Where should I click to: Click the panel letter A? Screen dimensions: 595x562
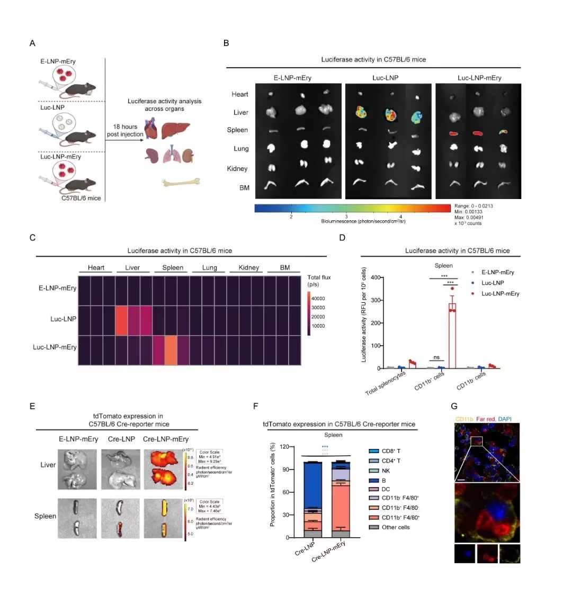click(33, 42)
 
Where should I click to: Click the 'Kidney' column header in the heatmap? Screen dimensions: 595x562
click(248, 268)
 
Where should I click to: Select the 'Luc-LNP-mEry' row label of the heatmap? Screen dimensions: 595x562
click(55, 347)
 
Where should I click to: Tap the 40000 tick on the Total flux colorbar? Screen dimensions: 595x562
click(324, 299)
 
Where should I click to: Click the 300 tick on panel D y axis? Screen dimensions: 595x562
click(364, 300)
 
